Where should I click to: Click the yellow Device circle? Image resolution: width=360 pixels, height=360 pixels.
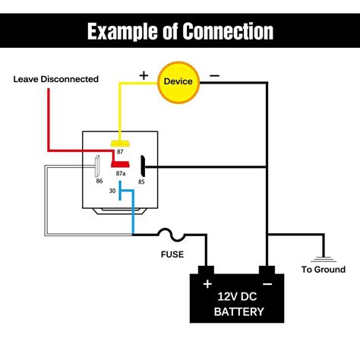177,81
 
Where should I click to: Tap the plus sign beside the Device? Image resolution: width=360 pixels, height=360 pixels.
144,75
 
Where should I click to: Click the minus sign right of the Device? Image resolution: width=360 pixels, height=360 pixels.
215,76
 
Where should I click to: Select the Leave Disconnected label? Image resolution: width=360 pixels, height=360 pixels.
55,79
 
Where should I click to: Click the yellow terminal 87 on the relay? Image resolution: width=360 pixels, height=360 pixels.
118,142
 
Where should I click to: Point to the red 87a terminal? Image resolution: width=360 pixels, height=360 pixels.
120,163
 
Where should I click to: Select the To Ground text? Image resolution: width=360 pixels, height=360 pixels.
323,270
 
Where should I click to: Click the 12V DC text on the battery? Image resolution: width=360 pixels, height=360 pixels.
238,295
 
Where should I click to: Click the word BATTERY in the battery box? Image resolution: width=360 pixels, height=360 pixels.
238,311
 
